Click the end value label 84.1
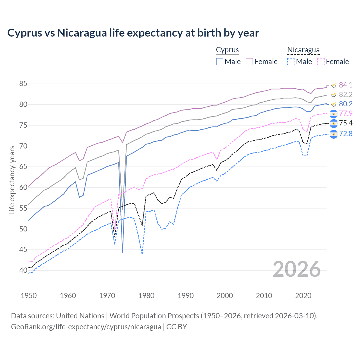click(x=345, y=85)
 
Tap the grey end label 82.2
click(x=345, y=94)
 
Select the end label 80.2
click(x=345, y=104)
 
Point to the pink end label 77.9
click(x=345, y=113)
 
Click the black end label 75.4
click(x=345, y=123)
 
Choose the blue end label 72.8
click(x=345, y=134)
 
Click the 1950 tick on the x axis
click(x=29, y=296)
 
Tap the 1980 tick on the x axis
click(x=146, y=296)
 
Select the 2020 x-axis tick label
click(x=303, y=296)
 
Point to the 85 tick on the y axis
click(x=23, y=84)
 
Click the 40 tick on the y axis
click(x=23, y=270)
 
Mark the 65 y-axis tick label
click(x=23, y=167)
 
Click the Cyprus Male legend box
click(x=220, y=62)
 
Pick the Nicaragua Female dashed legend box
click(x=321, y=62)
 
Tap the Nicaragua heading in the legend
click(x=303, y=50)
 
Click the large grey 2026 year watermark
click(x=296, y=269)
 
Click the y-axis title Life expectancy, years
click(x=12, y=180)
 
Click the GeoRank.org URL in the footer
click(x=86, y=327)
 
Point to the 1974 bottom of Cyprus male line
click(x=123, y=252)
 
